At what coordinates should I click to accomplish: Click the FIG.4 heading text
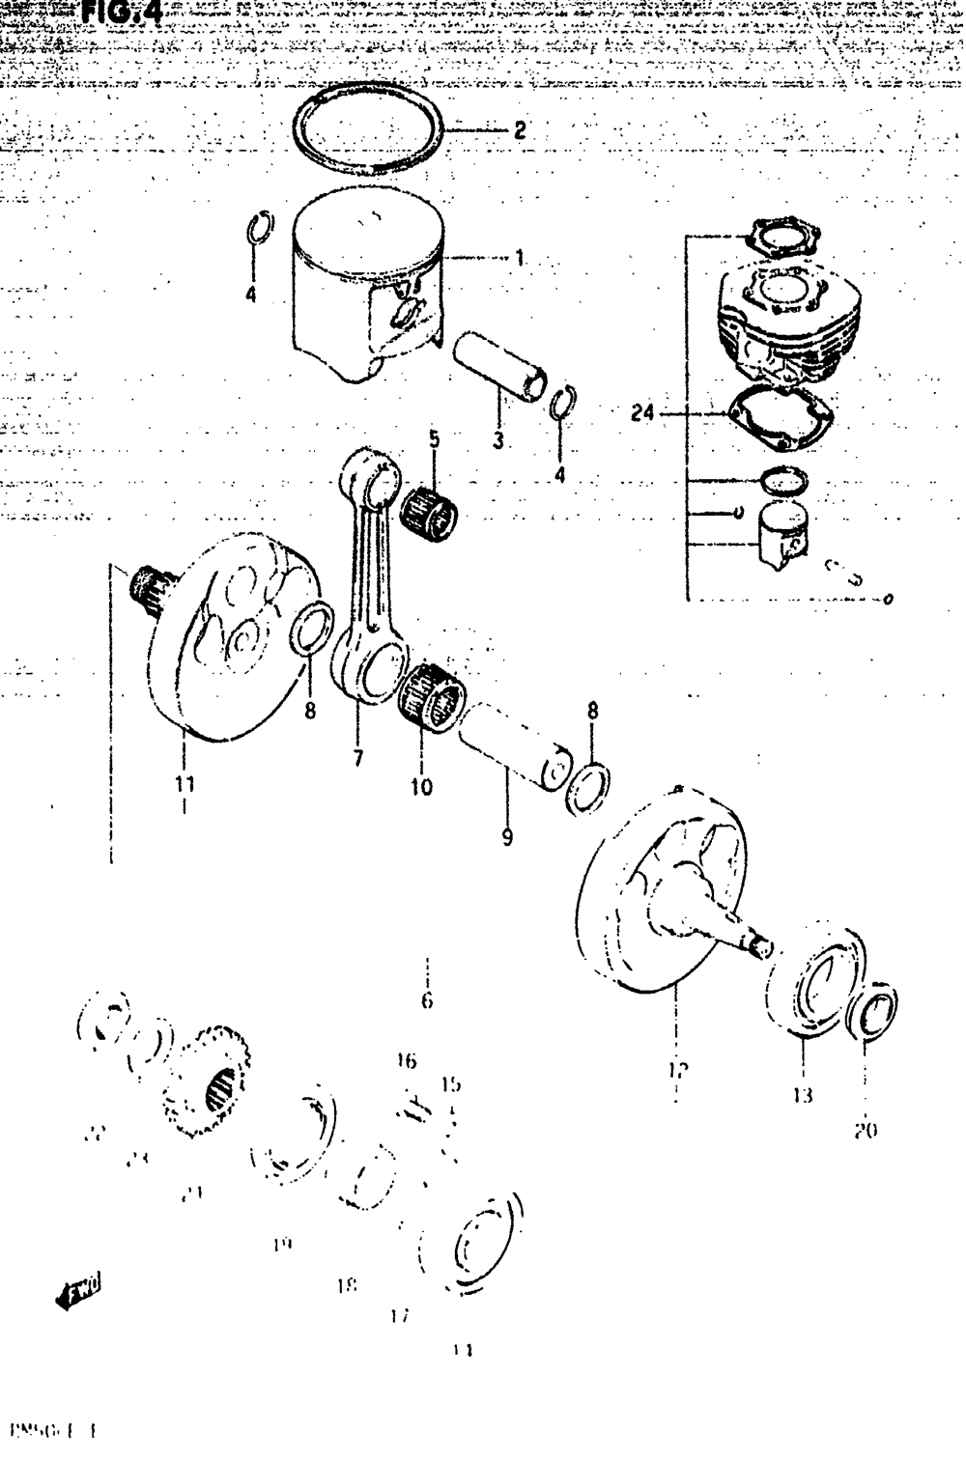(x=121, y=12)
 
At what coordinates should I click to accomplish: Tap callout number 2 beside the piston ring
(x=520, y=130)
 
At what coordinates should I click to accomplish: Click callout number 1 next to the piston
(x=520, y=259)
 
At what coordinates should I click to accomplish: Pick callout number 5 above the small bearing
(x=434, y=439)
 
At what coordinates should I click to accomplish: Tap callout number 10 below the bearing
(x=421, y=787)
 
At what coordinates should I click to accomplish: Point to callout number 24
(x=642, y=414)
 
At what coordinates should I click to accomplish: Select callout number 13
(x=804, y=1095)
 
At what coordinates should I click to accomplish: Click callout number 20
(x=866, y=1130)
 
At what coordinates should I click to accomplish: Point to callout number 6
(x=427, y=1000)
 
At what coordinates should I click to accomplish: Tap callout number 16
(x=406, y=1062)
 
